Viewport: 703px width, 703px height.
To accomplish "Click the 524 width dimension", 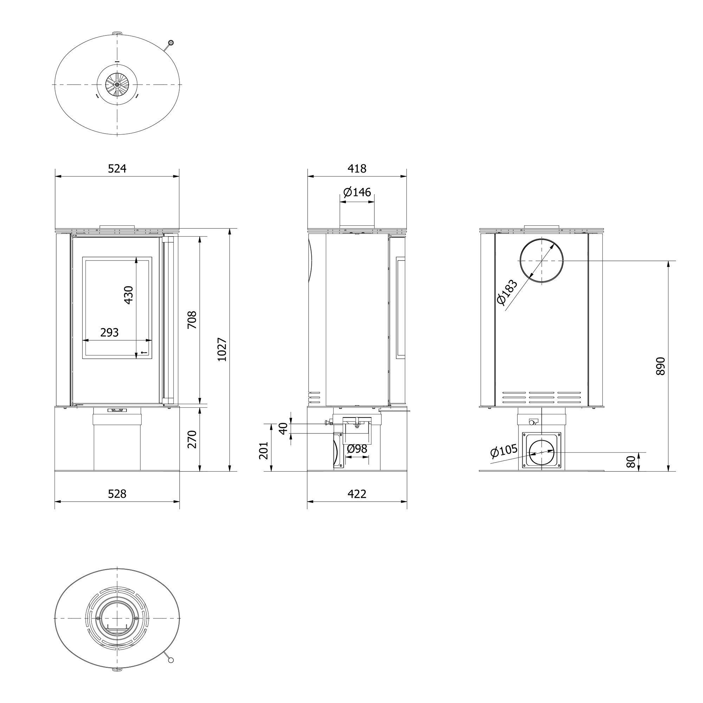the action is click(x=117, y=168).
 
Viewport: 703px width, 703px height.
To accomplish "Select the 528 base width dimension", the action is click(x=117, y=494).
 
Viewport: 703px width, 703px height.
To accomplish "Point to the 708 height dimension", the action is click(x=192, y=320).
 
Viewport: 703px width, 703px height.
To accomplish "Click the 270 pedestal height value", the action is click(x=192, y=439).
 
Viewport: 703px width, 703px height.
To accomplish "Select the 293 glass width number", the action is click(x=110, y=332).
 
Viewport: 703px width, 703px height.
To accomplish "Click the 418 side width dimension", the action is click(x=357, y=168).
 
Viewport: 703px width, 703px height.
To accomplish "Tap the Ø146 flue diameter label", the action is click(x=357, y=192).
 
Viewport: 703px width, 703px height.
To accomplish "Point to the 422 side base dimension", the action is click(x=357, y=494).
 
